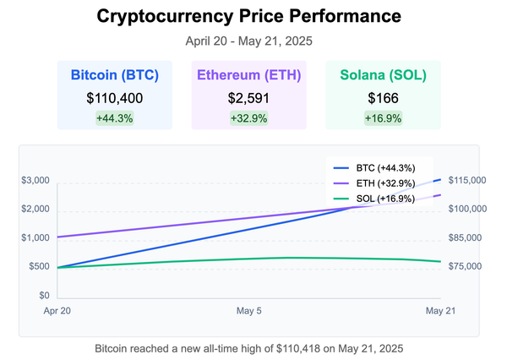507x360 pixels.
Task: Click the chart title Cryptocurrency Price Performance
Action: pyautogui.click(x=248, y=16)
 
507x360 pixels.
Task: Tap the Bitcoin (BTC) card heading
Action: pyautogui.click(x=115, y=75)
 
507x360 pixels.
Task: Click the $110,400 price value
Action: pyautogui.click(x=115, y=98)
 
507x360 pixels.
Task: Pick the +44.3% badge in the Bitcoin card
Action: pyautogui.click(x=115, y=118)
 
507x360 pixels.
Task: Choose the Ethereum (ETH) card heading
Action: pyautogui.click(x=248, y=75)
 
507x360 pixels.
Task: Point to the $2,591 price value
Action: pyautogui.click(x=248, y=98)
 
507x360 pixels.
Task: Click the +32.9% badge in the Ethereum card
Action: pyautogui.click(x=248, y=118)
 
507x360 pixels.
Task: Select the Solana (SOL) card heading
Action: pyautogui.click(x=383, y=75)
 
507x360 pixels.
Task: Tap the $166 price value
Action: pyautogui.click(x=383, y=98)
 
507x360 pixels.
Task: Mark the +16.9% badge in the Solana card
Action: pyautogui.click(x=383, y=118)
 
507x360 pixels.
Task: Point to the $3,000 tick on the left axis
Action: pyautogui.click(x=35, y=181)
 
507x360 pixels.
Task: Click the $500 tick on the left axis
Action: pyautogui.click(x=37, y=267)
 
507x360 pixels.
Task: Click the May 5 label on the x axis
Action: pyautogui.click(x=248, y=311)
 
